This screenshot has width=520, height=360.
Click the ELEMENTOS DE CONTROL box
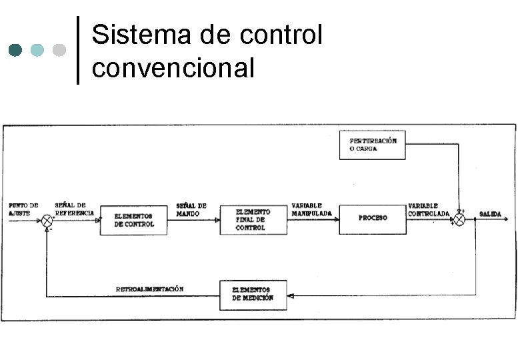(x=133, y=220)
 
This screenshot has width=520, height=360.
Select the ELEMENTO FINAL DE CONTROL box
(x=253, y=219)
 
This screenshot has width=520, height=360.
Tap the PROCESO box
(x=372, y=219)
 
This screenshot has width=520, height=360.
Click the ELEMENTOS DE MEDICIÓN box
(x=253, y=295)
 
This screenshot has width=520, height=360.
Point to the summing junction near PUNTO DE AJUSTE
(x=47, y=219)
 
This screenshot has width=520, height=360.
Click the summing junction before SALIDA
(x=459, y=218)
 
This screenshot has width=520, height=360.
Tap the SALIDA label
(x=490, y=214)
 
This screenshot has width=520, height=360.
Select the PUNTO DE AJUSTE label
(x=23, y=209)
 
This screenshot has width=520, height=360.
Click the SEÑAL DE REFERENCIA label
(x=71, y=209)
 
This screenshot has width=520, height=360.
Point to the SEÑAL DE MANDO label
(x=191, y=209)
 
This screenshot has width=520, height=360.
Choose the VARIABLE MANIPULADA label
(x=311, y=209)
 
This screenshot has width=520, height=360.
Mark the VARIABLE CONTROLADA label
(x=429, y=209)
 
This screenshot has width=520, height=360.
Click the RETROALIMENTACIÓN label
(x=149, y=289)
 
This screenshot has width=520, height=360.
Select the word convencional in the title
(x=173, y=67)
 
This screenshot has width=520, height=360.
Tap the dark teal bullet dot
(x=17, y=50)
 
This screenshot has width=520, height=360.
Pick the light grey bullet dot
(x=59, y=50)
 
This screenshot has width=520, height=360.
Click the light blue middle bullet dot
(x=38, y=50)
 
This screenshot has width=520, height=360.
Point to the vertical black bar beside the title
(x=78, y=50)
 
